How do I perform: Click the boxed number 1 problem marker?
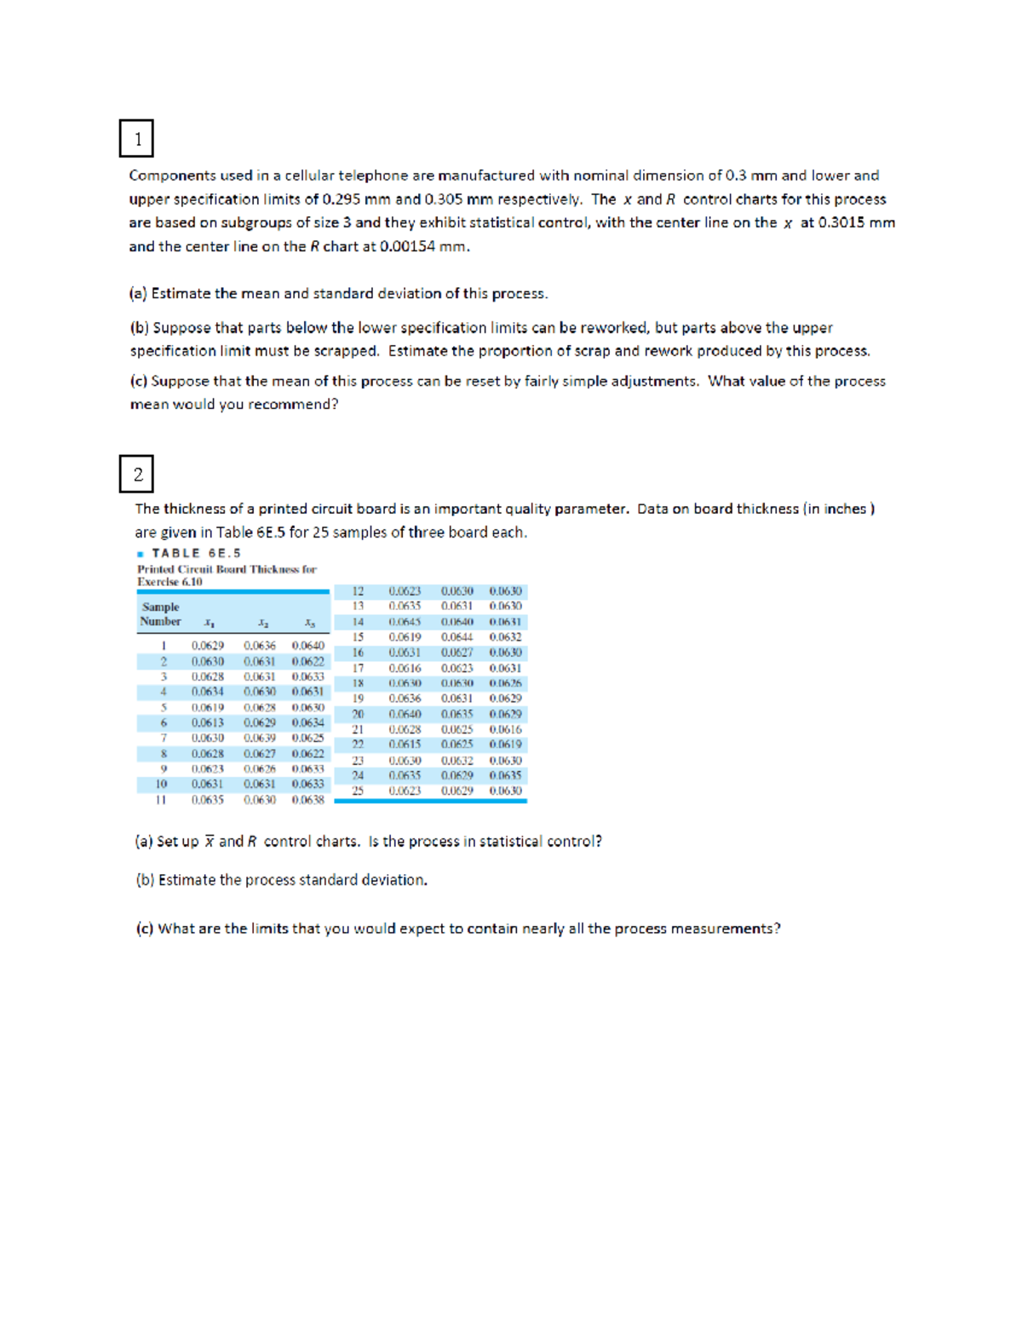click(136, 139)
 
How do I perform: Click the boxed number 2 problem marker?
click(136, 475)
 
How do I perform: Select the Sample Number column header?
click(160, 614)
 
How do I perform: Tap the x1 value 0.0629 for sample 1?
click(207, 646)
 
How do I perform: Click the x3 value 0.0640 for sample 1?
click(307, 646)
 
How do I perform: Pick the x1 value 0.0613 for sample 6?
click(207, 722)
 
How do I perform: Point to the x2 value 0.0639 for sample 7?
click(259, 738)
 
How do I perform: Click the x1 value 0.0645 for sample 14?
click(405, 622)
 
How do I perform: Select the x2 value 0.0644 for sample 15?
click(456, 637)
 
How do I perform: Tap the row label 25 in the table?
click(358, 791)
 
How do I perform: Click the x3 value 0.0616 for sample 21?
click(505, 729)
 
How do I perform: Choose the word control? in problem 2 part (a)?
click(575, 842)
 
